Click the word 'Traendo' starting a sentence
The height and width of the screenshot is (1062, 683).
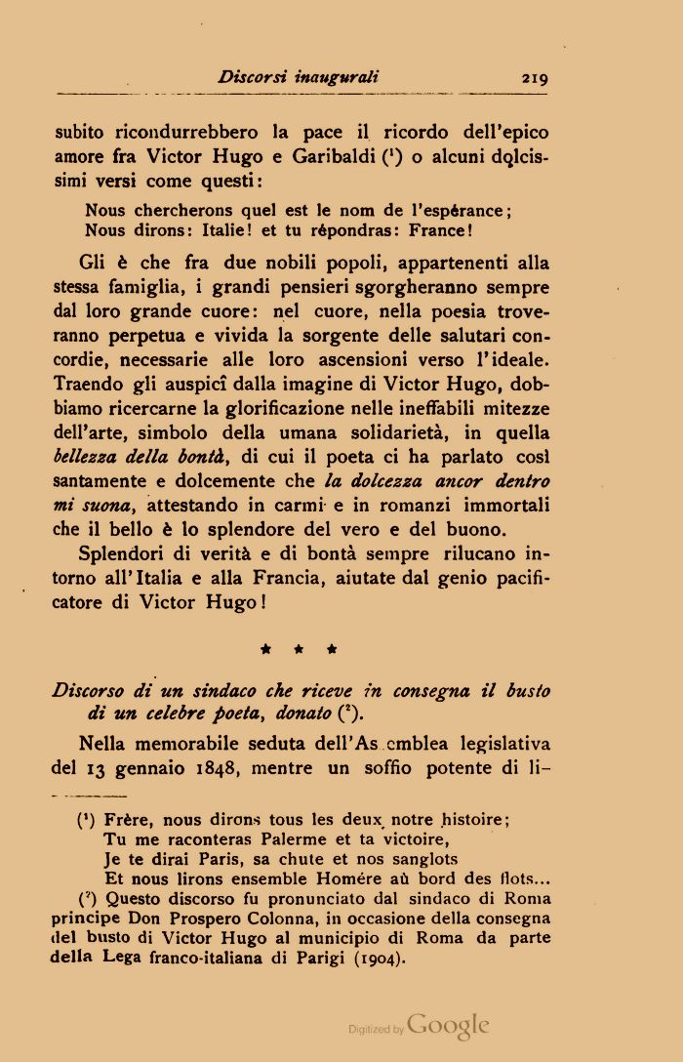(x=91, y=385)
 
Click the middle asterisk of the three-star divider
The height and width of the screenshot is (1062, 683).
(x=299, y=647)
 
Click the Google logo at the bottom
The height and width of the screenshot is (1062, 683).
(x=447, y=1026)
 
